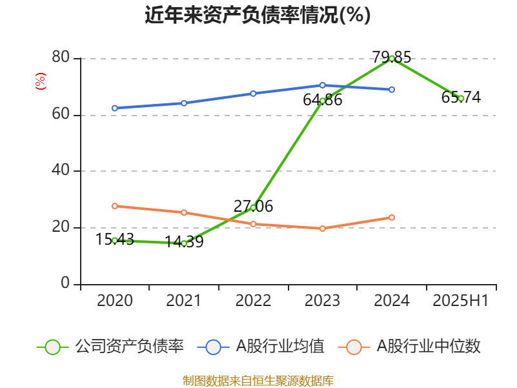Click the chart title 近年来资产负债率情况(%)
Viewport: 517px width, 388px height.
point(258,15)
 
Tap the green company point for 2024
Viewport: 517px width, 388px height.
point(392,58)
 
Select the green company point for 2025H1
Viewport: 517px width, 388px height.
point(461,98)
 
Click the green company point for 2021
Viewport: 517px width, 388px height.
point(184,243)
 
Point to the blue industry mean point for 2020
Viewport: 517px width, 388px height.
point(114,108)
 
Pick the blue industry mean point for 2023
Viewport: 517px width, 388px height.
point(322,85)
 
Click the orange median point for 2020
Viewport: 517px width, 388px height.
point(114,206)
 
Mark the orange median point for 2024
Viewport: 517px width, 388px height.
point(392,217)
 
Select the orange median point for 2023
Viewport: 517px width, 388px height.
point(322,228)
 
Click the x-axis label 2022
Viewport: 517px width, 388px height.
point(253,301)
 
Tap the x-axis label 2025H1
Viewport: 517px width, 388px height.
point(461,301)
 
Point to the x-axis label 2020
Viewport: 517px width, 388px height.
point(114,301)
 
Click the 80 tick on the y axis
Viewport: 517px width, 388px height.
point(61,58)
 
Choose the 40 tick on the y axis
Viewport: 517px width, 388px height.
point(61,171)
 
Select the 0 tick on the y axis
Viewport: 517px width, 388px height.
point(65,283)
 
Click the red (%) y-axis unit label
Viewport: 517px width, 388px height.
point(40,81)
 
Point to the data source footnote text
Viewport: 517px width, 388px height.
point(258,380)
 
